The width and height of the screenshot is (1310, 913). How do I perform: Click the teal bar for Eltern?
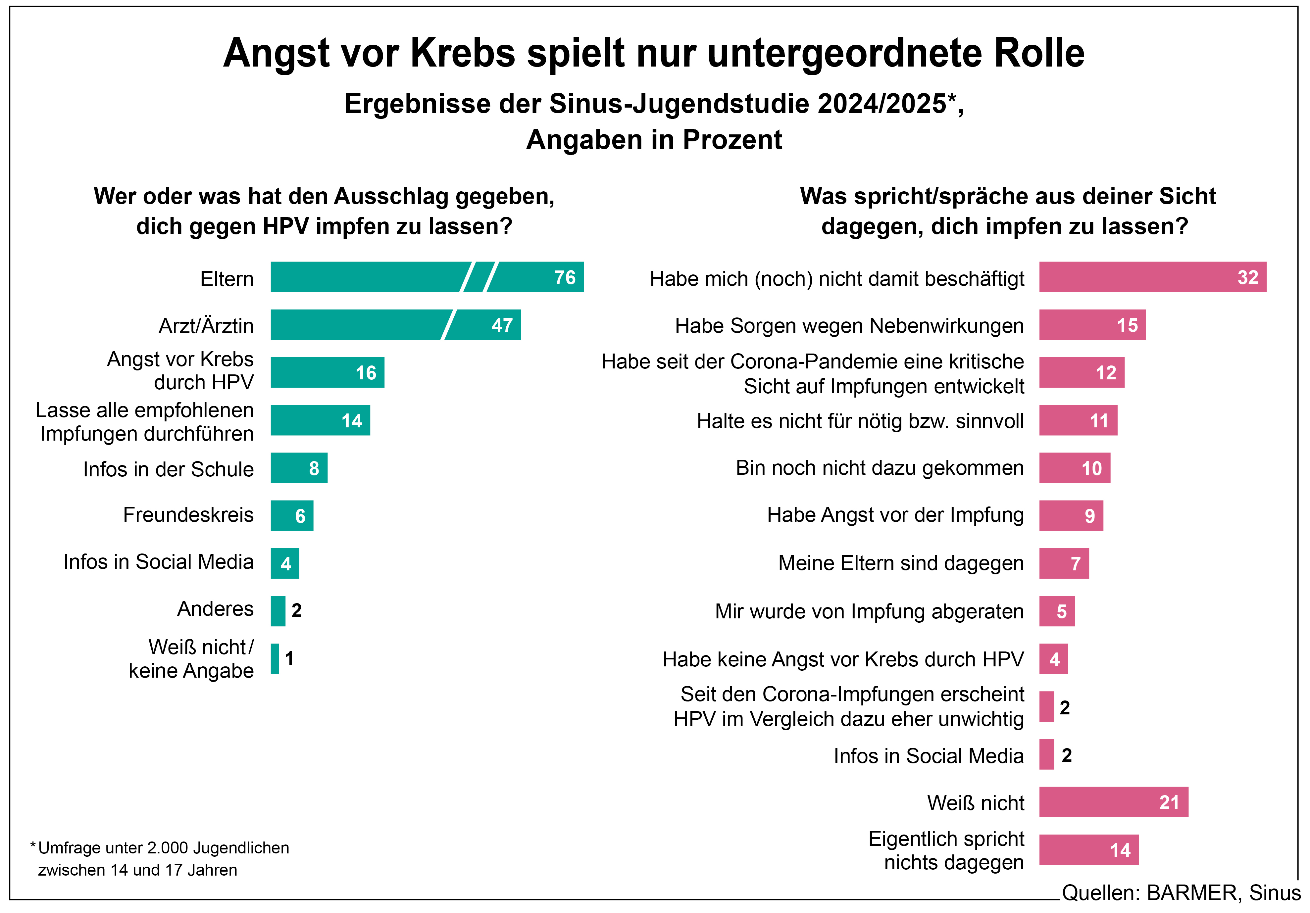(x=365, y=277)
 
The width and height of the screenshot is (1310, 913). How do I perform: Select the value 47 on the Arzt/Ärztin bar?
(x=502, y=325)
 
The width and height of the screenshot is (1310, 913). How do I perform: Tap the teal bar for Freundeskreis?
(x=291, y=515)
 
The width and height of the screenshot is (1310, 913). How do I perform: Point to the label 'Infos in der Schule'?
(x=168, y=469)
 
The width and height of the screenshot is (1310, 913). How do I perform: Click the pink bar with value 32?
(x=1152, y=277)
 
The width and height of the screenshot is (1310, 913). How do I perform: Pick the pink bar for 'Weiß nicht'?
(x=1113, y=802)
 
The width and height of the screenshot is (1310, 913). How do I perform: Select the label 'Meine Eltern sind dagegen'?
(x=901, y=563)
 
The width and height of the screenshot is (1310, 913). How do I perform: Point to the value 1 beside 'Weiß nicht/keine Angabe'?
(x=289, y=658)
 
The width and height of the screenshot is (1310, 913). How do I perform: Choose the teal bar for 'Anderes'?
(x=278, y=611)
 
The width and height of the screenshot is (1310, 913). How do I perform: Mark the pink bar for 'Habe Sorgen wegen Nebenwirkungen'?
(x=1092, y=325)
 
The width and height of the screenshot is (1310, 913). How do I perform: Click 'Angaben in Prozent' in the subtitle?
(x=654, y=140)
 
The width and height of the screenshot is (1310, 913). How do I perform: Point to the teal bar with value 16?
(x=327, y=372)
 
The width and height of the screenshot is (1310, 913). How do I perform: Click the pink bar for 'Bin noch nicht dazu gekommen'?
(x=1074, y=468)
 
